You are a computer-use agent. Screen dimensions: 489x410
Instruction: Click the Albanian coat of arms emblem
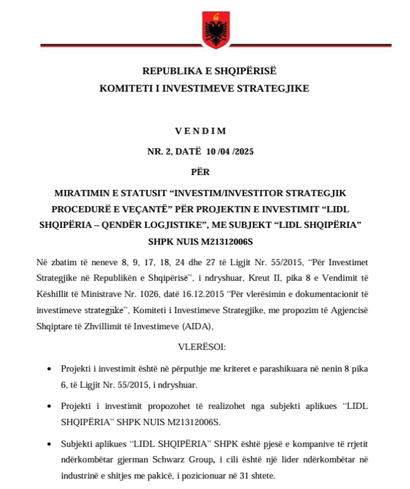tap(216, 29)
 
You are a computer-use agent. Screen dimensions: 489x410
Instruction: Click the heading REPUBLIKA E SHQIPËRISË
tap(209, 71)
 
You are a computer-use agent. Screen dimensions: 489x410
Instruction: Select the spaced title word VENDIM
tap(200, 131)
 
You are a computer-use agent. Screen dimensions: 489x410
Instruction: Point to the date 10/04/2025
tap(233, 152)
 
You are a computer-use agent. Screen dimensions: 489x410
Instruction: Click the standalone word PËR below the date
tap(200, 172)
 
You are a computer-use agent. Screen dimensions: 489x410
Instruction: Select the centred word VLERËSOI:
tap(202, 347)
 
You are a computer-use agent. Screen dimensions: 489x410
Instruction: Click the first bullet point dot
tap(49, 369)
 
